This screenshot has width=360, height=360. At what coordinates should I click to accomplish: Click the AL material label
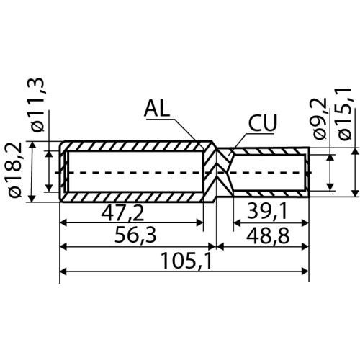point(157,108)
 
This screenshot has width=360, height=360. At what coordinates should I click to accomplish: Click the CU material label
point(262,122)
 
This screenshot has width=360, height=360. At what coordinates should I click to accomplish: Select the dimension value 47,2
point(122,213)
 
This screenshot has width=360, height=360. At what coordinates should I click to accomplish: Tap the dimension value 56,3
point(135,235)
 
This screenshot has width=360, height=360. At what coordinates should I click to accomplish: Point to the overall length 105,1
point(186,261)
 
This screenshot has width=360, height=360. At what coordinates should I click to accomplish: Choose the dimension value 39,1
point(267,212)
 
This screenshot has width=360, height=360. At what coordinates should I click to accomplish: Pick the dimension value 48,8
point(268,235)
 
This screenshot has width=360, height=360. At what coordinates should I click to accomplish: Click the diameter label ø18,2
point(17,170)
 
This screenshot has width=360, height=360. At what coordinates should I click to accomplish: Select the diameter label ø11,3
point(37,104)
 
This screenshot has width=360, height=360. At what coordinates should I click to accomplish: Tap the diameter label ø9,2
point(320,118)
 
